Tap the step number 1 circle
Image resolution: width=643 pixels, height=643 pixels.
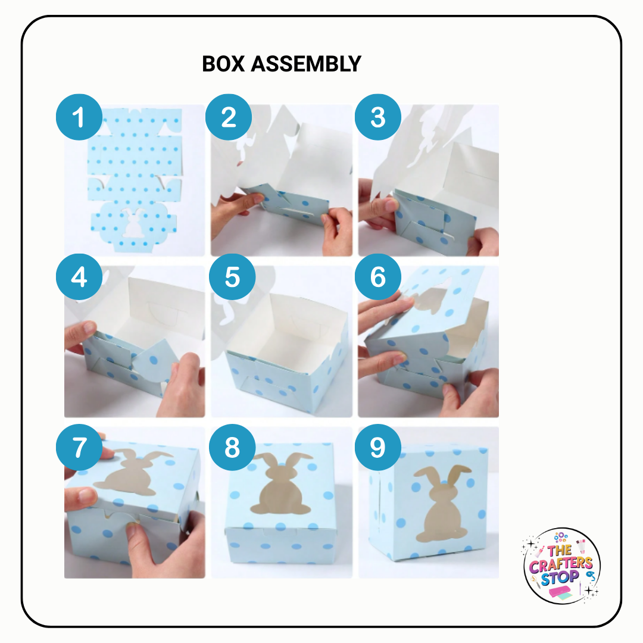coord(79,117)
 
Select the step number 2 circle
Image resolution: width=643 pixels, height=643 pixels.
coord(229,117)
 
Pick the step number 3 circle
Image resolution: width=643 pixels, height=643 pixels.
coord(378,117)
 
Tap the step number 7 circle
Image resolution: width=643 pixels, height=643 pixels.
coord(79,448)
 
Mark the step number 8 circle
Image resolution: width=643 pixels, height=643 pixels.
coord(232,448)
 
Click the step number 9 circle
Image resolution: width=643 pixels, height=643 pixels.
coord(378,448)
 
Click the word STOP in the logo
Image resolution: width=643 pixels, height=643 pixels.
coord(561,576)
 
